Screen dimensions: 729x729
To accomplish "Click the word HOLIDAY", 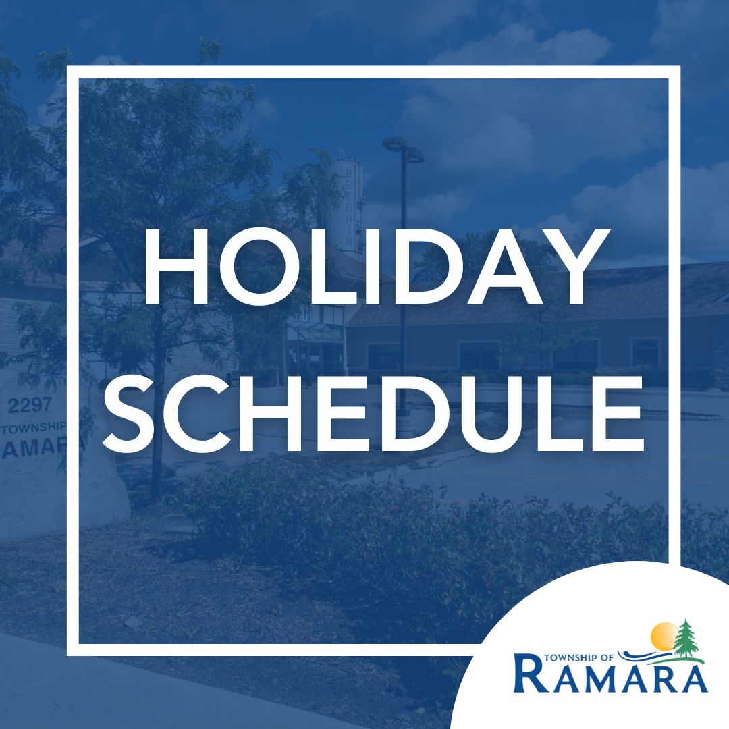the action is tap(377, 267).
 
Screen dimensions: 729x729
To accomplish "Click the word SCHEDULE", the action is tap(373, 414).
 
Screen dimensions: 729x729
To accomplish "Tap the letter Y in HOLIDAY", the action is tap(575, 267).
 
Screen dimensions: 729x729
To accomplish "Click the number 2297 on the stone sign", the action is tap(29, 406).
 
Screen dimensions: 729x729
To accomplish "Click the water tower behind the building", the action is tap(345, 205).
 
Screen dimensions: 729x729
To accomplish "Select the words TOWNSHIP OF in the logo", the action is tap(578, 657).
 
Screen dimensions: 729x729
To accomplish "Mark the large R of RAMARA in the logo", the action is tap(530, 672).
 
